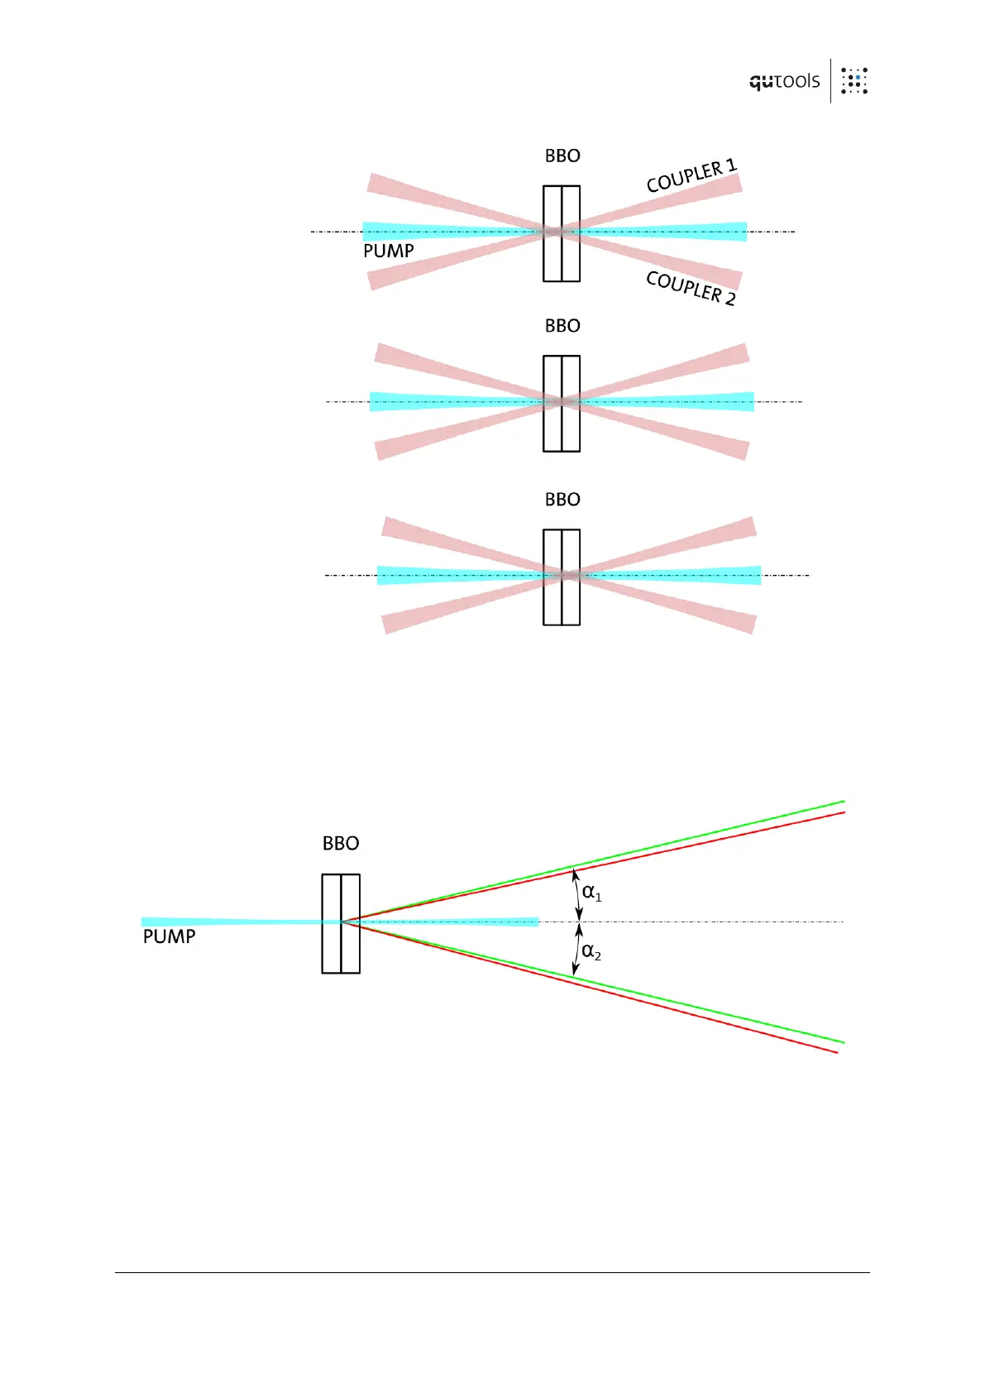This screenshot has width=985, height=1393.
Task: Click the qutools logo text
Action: point(784,81)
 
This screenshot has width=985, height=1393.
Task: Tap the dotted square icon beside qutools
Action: point(854,81)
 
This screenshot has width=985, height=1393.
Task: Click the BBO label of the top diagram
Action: point(562,156)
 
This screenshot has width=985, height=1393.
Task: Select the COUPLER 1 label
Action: point(691,176)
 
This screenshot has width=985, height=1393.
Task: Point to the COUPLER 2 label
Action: point(691,288)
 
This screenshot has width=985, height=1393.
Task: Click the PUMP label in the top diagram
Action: point(388,251)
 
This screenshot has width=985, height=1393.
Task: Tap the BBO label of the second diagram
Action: point(562,326)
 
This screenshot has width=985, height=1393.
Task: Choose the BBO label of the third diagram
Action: point(562,500)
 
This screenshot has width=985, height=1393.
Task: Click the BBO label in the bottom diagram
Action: point(341,843)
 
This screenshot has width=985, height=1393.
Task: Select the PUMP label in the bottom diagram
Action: point(169,936)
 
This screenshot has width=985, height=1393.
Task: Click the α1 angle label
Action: point(591,893)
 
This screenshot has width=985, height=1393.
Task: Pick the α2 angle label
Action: point(591,952)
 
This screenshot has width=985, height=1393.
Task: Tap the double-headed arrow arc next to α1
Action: point(577,894)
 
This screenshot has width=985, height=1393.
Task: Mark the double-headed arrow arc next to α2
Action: point(577,950)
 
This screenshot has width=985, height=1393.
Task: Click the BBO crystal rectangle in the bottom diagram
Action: point(341,923)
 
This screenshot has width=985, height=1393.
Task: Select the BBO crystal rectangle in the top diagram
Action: point(562,233)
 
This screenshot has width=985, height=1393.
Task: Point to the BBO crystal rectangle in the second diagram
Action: point(562,404)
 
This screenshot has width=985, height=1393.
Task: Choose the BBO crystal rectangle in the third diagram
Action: point(562,577)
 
